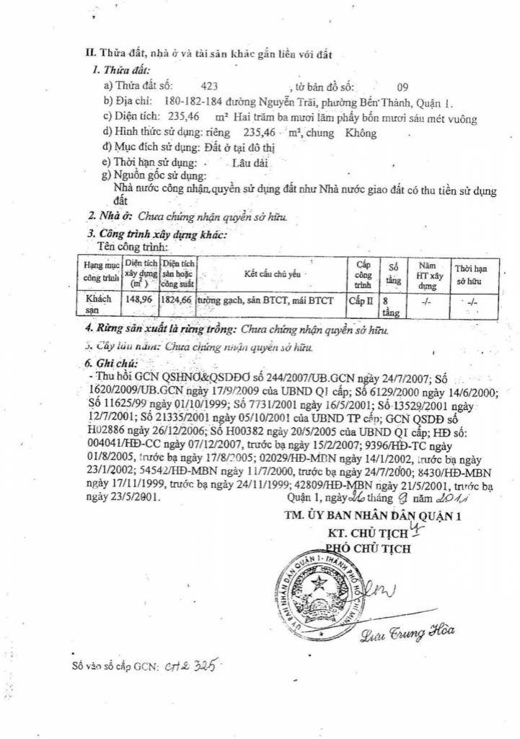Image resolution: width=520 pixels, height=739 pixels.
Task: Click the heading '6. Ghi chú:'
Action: click(x=111, y=364)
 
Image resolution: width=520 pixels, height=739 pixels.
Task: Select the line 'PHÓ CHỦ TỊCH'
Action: click(x=368, y=548)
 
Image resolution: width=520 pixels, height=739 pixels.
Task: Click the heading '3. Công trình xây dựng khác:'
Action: click(x=157, y=234)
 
